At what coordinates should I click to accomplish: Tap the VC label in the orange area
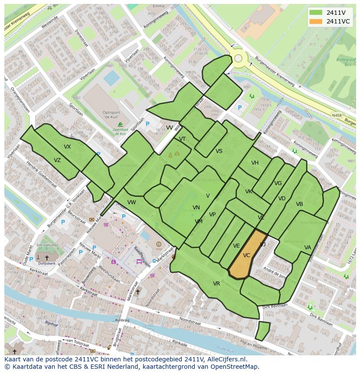click(247, 255)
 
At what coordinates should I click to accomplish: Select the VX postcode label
click(67, 147)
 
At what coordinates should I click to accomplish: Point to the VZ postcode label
click(57, 160)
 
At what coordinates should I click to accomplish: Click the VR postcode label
click(217, 284)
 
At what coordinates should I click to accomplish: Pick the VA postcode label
click(308, 248)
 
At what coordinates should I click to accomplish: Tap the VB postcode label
click(300, 204)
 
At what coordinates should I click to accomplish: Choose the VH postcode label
click(255, 163)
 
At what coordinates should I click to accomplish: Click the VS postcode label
click(219, 151)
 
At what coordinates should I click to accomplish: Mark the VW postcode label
click(132, 202)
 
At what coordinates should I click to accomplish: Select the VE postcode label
click(237, 246)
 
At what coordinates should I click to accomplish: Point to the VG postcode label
click(278, 183)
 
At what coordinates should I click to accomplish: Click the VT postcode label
click(183, 139)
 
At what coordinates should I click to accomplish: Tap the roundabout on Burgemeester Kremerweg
click(238, 58)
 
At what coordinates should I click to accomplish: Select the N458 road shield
click(336, 115)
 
